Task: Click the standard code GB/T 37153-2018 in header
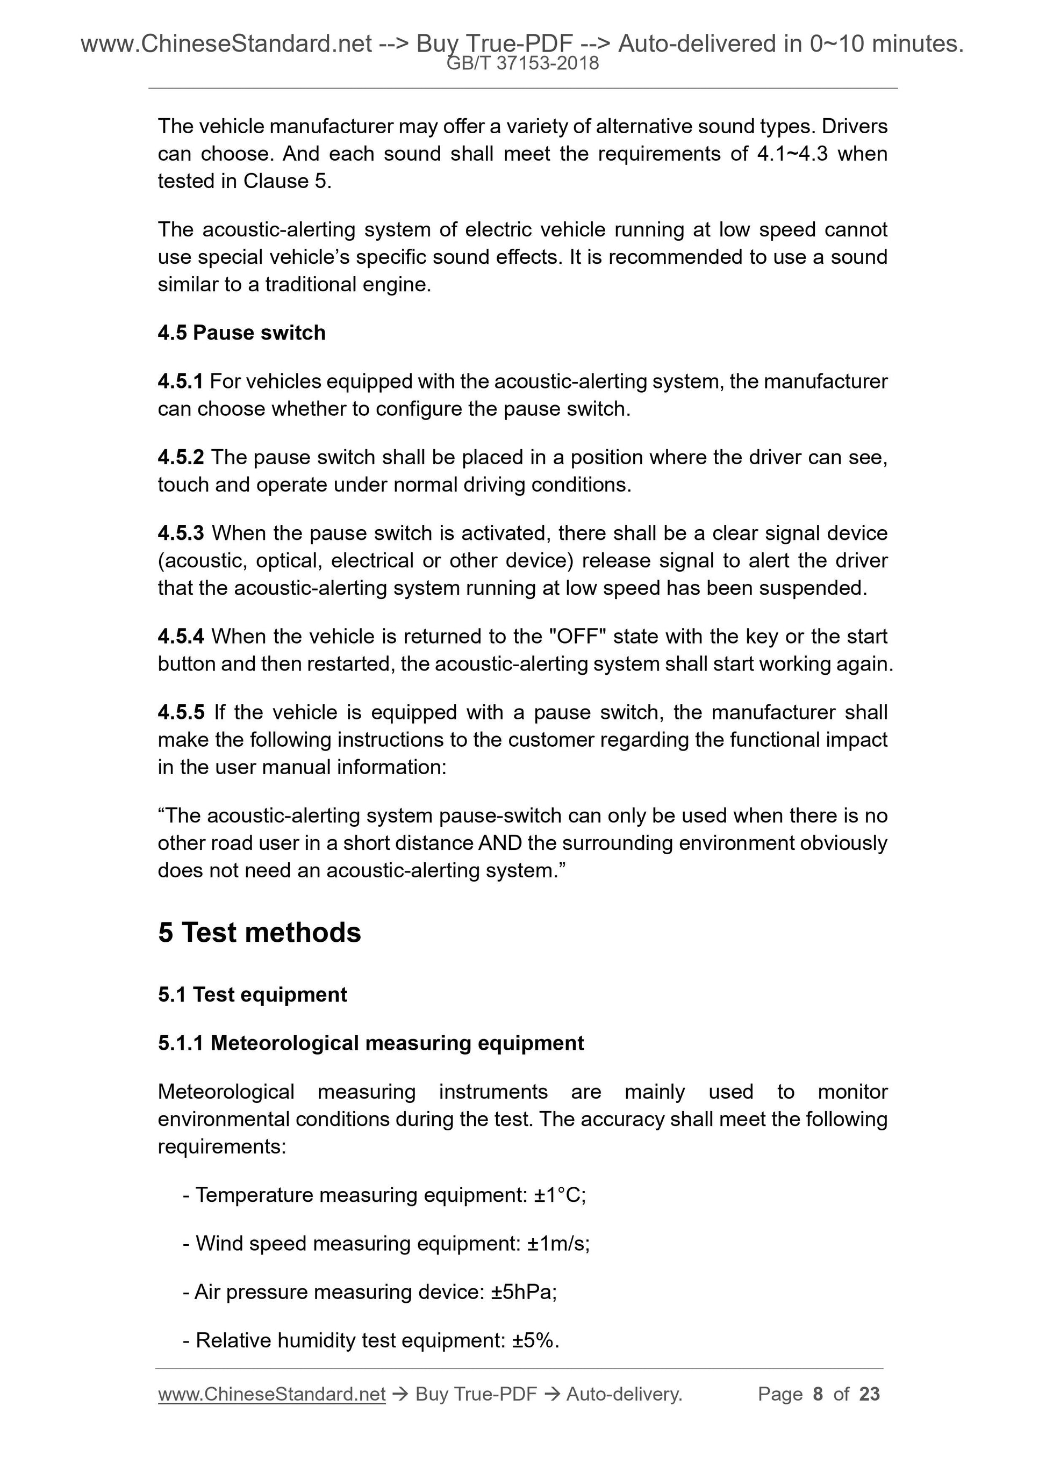pyautogui.click(x=522, y=63)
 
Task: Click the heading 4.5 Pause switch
pyautogui.click(x=242, y=333)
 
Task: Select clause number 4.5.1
pyautogui.click(x=181, y=381)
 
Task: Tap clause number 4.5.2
pyautogui.click(x=181, y=457)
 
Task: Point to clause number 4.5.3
pyautogui.click(x=181, y=533)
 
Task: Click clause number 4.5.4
pyautogui.click(x=181, y=637)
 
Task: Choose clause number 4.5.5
pyautogui.click(x=181, y=712)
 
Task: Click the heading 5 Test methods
pyautogui.click(x=259, y=933)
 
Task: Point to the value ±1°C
pyautogui.click(x=560, y=1195)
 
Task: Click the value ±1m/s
pyautogui.click(x=557, y=1243)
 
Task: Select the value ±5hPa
pyautogui.click(x=524, y=1292)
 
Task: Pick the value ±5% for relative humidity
pyautogui.click(x=535, y=1340)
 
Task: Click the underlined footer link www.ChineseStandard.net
pyautogui.click(x=271, y=1394)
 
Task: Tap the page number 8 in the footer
pyautogui.click(x=818, y=1394)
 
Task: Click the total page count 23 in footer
pyautogui.click(x=869, y=1394)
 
